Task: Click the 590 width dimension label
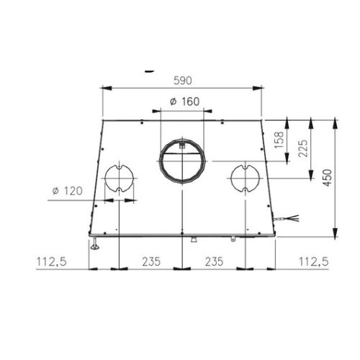pos(181,81)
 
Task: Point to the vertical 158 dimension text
pos(279,138)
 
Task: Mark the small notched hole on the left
pos(118,177)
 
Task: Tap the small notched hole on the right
pos(244,177)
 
